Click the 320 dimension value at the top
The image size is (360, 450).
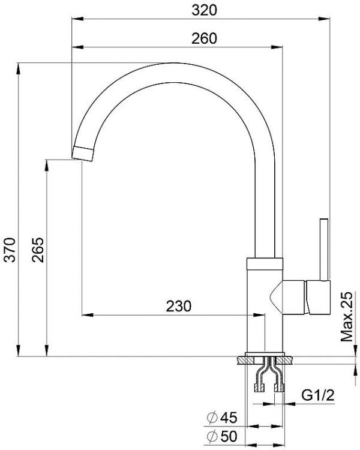pyautogui.click(x=203, y=10)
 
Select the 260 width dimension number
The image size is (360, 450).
pyautogui.click(x=203, y=37)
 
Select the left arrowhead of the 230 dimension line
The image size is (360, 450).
pyautogui.click(x=85, y=314)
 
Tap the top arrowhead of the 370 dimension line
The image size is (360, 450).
pyautogui.click(x=20, y=65)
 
